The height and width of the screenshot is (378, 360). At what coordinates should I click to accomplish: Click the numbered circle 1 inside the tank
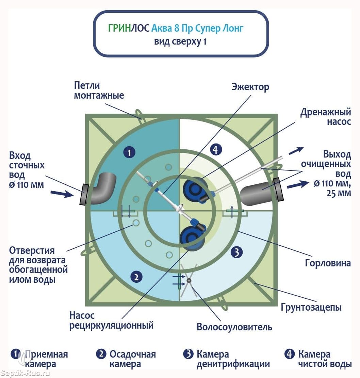(129, 152)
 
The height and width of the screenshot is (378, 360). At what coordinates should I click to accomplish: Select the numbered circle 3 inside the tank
(236, 252)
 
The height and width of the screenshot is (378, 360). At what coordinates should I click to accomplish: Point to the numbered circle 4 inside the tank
(216, 150)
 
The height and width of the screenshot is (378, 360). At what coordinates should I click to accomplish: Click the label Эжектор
(250, 87)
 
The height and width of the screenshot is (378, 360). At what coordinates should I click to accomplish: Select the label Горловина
(328, 263)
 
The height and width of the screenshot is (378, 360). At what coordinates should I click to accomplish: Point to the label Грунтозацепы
(311, 308)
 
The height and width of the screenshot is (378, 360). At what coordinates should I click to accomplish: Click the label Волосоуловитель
(234, 327)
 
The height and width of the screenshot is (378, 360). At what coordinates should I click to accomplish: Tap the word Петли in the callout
(87, 85)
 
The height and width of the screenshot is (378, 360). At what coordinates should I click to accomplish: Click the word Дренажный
(326, 112)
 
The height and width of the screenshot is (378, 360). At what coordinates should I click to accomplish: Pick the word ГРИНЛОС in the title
(129, 28)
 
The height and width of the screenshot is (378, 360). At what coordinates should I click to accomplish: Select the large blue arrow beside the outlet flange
(298, 185)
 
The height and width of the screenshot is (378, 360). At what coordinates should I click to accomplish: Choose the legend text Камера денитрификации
(233, 359)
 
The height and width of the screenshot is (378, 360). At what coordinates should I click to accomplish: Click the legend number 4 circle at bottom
(290, 354)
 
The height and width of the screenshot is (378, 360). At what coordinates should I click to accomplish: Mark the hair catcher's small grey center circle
(189, 280)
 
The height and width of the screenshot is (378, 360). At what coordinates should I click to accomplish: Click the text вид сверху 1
(180, 42)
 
